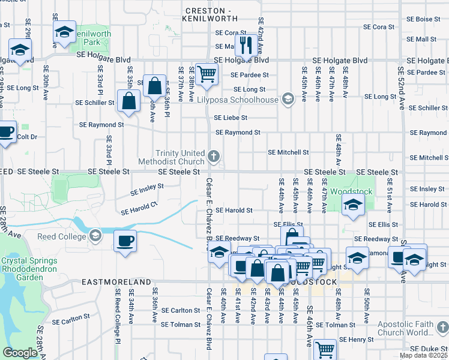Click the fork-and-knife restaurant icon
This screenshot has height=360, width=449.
click(x=246, y=44)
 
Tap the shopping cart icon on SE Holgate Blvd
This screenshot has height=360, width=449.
click(x=206, y=74)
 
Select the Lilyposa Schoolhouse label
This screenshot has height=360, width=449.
click(x=239, y=100)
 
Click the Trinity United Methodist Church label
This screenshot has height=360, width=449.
click(x=181, y=157)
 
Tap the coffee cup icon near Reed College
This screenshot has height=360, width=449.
click(x=125, y=241)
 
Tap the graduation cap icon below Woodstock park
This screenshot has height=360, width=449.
click(x=353, y=205)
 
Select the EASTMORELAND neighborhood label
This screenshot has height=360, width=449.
click(x=116, y=281)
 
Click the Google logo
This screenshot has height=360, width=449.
click(x=20, y=353)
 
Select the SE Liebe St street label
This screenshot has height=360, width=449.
click(x=231, y=118)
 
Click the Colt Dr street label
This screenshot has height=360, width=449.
click(x=27, y=137)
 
